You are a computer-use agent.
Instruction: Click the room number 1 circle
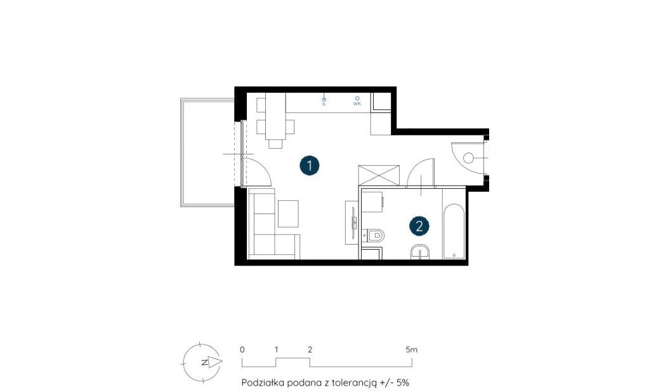[310, 165]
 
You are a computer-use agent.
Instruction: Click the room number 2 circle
[419, 226]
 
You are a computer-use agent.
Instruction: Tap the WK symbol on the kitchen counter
[357, 101]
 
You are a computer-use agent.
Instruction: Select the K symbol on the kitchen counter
[324, 101]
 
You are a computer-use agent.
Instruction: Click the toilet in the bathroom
[374, 235]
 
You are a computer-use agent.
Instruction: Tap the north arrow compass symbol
[202, 362]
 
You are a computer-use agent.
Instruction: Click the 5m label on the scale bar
[411, 349]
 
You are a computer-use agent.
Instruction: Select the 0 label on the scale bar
[242, 349]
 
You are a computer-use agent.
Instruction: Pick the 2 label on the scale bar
[310, 349]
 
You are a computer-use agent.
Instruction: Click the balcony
[207, 153]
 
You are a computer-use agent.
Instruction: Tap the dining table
[275, 116]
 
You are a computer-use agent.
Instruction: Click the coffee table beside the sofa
[288, 213]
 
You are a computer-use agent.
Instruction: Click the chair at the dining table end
[275, 144]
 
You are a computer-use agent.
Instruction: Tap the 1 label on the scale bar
[276, 349]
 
